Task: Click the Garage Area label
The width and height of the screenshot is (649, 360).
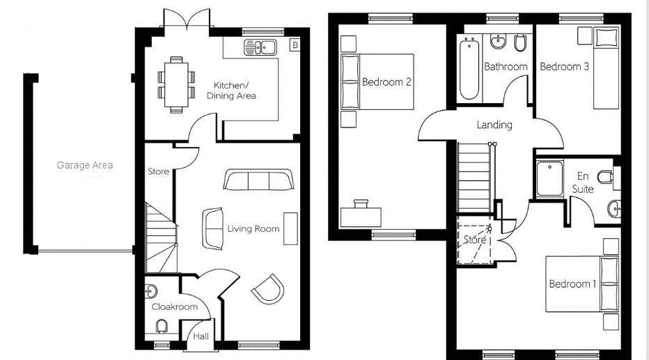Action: click(85, 165)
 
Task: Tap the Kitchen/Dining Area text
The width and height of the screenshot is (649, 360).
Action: click(231, 91)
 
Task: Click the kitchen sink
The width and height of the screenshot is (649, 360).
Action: click(260, 47)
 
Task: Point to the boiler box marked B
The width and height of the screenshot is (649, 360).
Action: click(295, 45)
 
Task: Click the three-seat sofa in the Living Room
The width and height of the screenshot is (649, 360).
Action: click(258, 179)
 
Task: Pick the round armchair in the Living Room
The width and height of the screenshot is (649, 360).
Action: click(269, 289)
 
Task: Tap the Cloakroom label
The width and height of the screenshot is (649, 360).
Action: click(175, 307)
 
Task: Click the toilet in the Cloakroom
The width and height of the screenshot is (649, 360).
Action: click(162, 327)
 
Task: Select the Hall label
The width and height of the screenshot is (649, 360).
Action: click(201, 336)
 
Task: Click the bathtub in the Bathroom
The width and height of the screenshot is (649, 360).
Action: click(469, 68)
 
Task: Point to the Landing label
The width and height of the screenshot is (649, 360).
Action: click(494, 125)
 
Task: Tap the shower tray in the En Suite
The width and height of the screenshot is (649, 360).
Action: click(549, 178)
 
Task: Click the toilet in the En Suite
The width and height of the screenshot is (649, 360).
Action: click(606, 177)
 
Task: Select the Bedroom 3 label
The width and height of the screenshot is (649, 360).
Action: click(565, 67)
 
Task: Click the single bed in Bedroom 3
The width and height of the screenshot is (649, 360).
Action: click(607, 68)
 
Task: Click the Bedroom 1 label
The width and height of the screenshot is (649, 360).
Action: click(573, 284)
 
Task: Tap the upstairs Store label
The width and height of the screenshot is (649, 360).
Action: click(475, 240)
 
